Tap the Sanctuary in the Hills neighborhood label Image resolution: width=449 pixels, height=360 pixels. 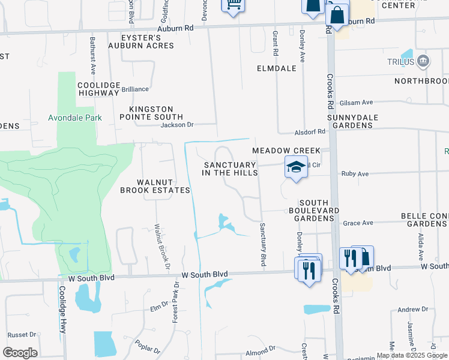tap(231, 169)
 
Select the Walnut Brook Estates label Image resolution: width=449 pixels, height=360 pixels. tap(155, 186)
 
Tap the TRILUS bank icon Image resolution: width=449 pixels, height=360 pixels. tap(424, 61)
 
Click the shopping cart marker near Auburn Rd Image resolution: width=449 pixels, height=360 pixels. tap(234, 5)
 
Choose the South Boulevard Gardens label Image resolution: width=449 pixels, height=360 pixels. tap(314, 210)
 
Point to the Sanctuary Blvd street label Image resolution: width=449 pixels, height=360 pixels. tap(262, 245)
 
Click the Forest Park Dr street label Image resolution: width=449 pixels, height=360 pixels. tap(176, 302)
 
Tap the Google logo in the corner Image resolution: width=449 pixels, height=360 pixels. tap(20, 352)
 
